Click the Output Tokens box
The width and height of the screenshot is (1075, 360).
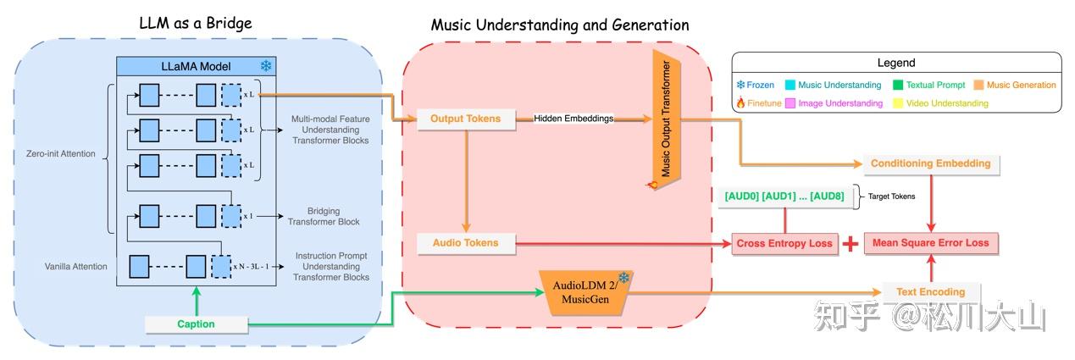pyautogui.click(x=466, y=119)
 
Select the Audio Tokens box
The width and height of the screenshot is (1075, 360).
pyautogui.click(x=466, y=243)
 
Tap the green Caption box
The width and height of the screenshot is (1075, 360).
pyautogui.click(x=196, y=324)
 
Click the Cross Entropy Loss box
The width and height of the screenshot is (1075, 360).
pyautogui.click(x=784, y=243)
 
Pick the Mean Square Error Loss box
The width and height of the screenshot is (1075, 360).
pyautogui.click(x=931, y=243)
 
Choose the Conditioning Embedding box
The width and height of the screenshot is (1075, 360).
pyautogui.click(x=931, y=163)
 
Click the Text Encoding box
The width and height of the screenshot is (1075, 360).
pyautogui.click(x=930, y=291)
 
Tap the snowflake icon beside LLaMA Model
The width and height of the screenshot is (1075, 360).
pyautogui.click(x=266, y=66)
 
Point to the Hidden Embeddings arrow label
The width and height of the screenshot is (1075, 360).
pyautogui.click(x=573, y=119)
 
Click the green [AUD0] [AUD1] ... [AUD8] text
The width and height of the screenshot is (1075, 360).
pyautogui.click(x=784, y=196)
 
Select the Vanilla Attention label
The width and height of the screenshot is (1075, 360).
pyautogui.click(x=76, y=266)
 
